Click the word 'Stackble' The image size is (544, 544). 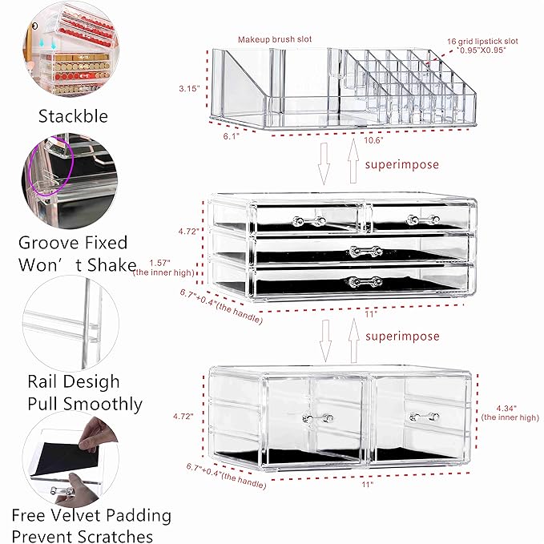73,116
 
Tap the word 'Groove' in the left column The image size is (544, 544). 50,242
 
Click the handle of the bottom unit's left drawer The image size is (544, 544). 316,418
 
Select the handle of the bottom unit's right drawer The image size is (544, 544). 424,417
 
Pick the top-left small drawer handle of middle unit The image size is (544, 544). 308,220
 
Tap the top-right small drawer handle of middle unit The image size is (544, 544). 413,217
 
